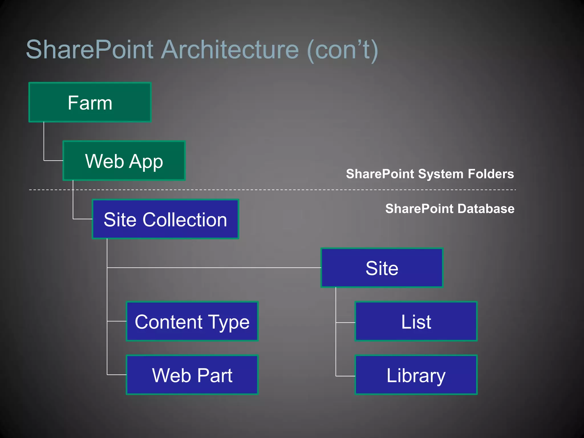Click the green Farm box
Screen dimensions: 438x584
point(90,102)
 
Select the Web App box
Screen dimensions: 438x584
point(124,161)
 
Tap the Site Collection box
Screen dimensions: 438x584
point(165,219)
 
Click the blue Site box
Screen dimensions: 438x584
point(382,268)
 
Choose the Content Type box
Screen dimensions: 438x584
point(192,321)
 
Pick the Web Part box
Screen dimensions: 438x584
point(192,375)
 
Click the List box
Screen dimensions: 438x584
point(416,321)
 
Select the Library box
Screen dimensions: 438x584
point(416,375)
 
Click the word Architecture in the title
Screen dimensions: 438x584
point(230,50)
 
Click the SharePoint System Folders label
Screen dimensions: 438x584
point(430,174)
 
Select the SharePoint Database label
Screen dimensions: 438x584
point(450,209)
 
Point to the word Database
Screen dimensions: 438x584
point(486,209)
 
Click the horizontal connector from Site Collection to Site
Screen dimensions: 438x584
point(214,267)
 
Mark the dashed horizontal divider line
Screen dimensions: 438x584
point(285,190)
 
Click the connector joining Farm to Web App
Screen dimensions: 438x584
point(44,143)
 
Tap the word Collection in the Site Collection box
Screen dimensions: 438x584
point(185,220)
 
